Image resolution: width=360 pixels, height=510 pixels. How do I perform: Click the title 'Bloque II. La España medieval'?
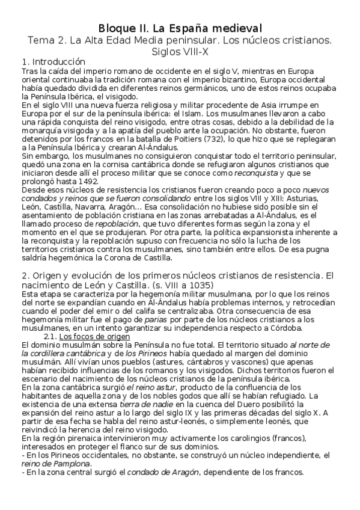click(180, 28)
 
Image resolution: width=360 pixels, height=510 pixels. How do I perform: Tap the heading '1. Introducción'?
click(53, 63)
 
